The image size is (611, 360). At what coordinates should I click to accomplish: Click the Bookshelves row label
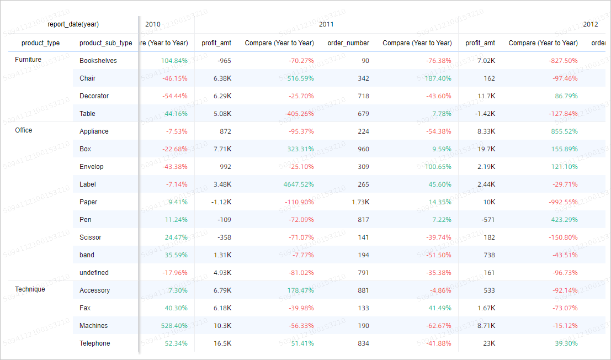[x=98, y=61]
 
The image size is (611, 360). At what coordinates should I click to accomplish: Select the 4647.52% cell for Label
[x=299, y=184]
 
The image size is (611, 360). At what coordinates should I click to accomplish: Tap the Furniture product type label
[x=28, y=60]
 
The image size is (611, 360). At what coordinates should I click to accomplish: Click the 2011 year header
[x=326, y=24]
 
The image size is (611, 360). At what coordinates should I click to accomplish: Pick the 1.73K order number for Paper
[x=360, y=202]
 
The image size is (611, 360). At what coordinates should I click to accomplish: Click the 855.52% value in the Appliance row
[x=564, y=131]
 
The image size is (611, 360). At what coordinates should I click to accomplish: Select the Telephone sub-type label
[x=94, y=343]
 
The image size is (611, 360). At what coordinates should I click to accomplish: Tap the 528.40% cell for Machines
[x=174, y=326]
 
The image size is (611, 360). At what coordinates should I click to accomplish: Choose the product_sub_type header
[x=105, y=43]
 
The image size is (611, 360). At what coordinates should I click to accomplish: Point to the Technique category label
[x=30, y=289]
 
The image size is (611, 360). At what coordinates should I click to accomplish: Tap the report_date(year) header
[x=73, y=24]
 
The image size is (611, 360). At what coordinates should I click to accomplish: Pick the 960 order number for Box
[x=363, y=149]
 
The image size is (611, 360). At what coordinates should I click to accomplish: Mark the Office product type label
[x=24, y=130]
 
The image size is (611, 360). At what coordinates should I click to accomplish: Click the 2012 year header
[x=590, y=24]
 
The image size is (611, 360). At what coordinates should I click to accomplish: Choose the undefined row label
[x=94, y=273]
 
